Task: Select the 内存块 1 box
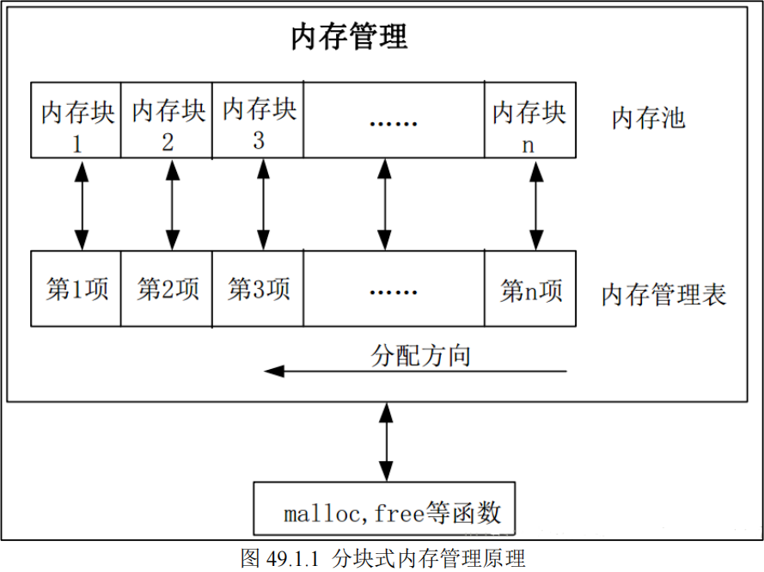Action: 76,120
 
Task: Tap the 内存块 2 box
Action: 168,120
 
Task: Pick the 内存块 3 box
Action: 259,120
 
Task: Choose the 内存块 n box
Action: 529,120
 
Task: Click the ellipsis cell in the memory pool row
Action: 394,120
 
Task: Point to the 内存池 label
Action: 648,118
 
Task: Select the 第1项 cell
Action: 76,289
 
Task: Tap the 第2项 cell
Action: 168,289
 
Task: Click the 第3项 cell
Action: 259,289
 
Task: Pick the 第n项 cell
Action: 529,289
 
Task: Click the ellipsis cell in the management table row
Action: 394,289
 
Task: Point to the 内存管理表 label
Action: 663,295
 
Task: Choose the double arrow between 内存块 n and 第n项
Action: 537,204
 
